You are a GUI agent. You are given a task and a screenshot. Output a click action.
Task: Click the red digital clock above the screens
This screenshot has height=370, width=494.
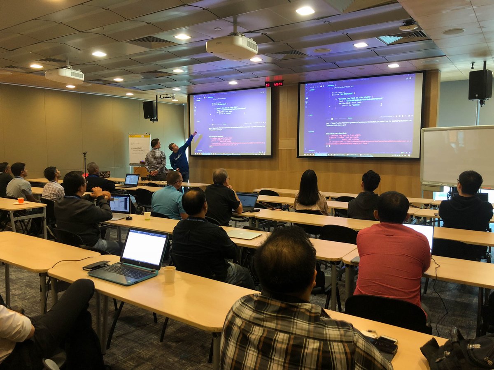click(274, 83)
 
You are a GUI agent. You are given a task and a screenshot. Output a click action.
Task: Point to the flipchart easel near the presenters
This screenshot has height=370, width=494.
click(139, 149)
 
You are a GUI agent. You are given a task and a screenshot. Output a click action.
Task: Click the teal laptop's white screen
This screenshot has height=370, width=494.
click(144, 247)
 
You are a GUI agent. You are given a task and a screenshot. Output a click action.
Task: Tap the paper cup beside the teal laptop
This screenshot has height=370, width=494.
click(169, 274)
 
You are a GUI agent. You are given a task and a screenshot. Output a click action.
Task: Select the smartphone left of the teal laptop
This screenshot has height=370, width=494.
click(96, 266)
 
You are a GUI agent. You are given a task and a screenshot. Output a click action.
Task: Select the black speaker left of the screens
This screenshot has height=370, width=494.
click(149, 110)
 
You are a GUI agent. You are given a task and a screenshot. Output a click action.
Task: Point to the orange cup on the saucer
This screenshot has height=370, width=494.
click(20, 200)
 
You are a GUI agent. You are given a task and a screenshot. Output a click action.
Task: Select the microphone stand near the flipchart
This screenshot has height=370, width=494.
click(85, 163)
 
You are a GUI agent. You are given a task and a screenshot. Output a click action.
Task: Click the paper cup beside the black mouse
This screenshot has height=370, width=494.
click(147, 215)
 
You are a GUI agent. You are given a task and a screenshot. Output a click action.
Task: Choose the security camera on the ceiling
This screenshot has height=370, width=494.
click(408, 26)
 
